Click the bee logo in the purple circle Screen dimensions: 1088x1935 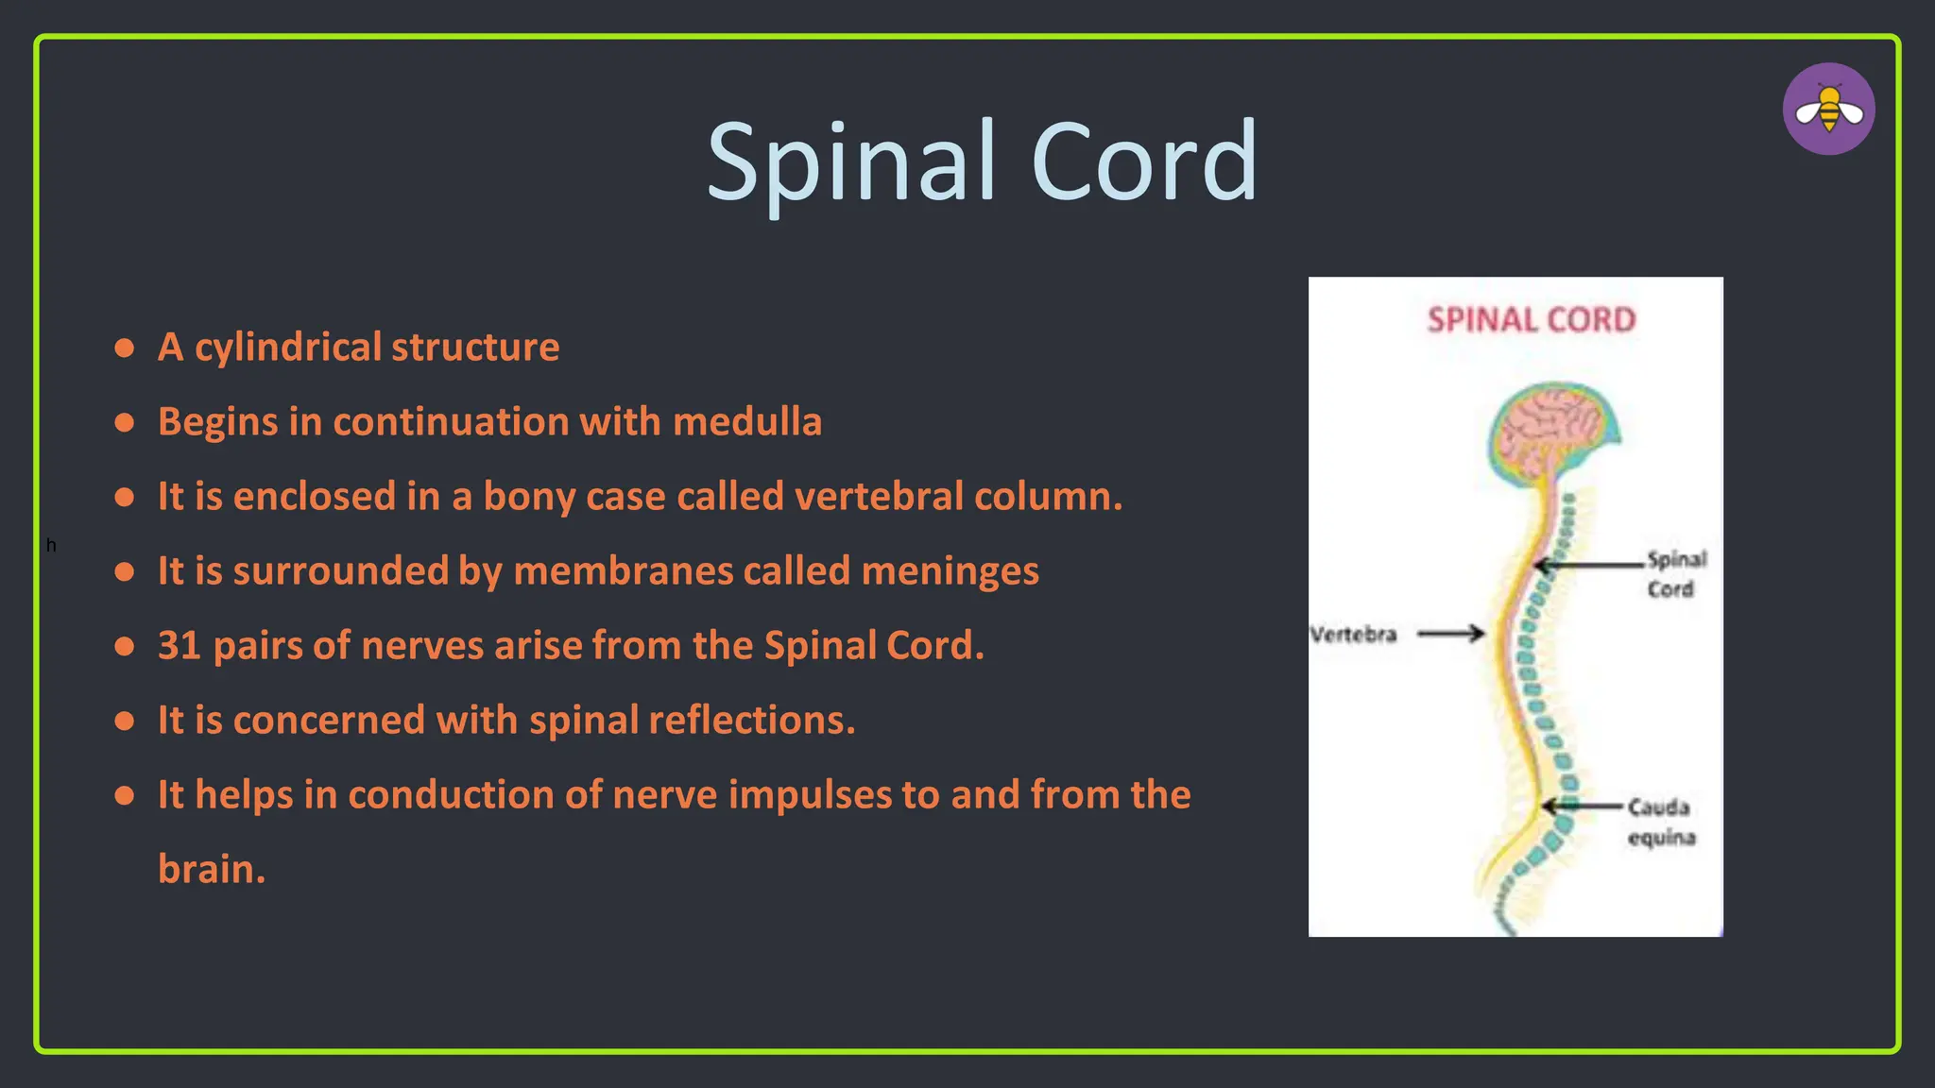click(1828, 110)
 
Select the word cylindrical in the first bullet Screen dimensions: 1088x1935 click(287, 348)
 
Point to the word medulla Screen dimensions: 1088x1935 click(746, 422)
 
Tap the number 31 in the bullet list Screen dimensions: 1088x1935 click(180, 646)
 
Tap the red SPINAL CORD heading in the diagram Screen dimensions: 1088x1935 click(1531, 320)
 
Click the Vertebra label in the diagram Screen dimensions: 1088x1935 click(1353, 635)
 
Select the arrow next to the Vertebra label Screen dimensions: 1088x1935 click(1450, 634)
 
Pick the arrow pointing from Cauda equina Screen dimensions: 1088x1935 click(1583, 807)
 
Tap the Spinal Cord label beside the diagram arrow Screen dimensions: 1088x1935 click(1675, 573)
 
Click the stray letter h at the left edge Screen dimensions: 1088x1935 click(51, 546)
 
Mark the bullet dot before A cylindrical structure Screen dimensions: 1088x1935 click(124, 348)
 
